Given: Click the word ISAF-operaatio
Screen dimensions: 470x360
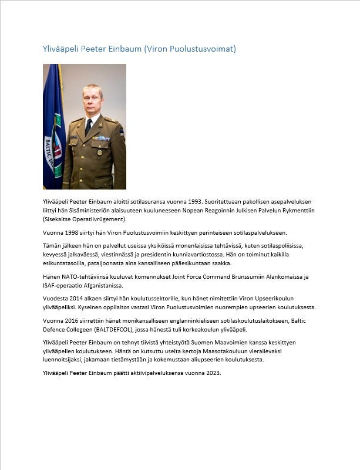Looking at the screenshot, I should (66, 286).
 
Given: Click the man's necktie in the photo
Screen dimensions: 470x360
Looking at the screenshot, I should (89, 127).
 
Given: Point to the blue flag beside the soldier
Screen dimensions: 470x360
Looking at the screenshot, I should (53, 129).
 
